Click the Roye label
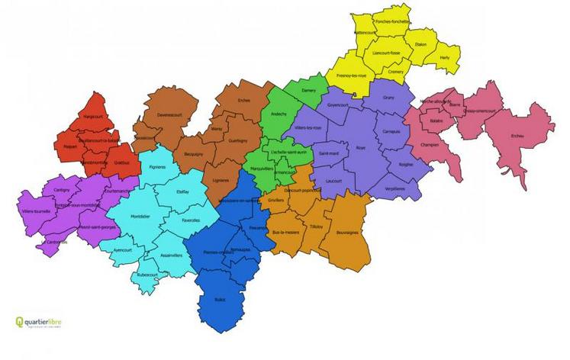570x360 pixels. pos(360,149)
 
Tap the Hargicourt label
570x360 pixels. pos(93,117)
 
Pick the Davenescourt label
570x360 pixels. pos(170,115)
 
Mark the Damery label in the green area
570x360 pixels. pos(309,90)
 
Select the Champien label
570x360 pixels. pos(429,144)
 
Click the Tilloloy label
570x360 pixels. pos(317,227)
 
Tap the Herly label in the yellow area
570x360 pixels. pos(445,57)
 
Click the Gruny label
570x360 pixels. pos(389,98)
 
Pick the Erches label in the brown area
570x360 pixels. pos(243,100)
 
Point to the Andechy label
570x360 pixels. pos(279,114)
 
